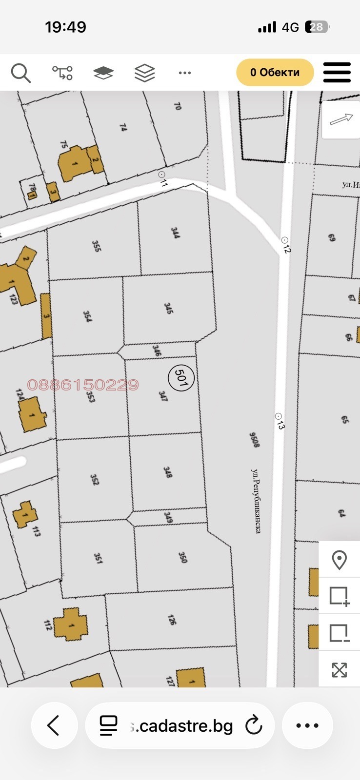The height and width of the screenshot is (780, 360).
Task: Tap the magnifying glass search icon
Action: point(21,73)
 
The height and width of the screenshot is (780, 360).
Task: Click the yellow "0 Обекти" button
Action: point(275,73)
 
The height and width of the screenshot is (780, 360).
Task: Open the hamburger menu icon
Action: point(337,73)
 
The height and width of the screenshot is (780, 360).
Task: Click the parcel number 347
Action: point(163,395)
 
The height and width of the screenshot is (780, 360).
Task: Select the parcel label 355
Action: point(97,246)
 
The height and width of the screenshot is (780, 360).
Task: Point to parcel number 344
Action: point(175,233)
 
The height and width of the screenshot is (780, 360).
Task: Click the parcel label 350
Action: point(183,557)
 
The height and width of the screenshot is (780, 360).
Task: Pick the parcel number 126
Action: point(171,620)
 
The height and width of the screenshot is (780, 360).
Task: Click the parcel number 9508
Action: point(254,439)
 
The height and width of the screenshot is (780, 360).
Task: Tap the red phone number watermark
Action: point(83,385)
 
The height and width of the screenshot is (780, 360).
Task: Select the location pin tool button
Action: point(339,560)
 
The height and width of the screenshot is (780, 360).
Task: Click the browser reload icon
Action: point(254,725)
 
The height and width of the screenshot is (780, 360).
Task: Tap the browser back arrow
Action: point(54,725)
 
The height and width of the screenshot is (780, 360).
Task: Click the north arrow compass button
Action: point(341,119)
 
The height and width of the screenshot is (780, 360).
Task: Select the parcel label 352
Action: point(95,480)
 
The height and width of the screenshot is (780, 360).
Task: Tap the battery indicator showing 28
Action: point(317,27)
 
